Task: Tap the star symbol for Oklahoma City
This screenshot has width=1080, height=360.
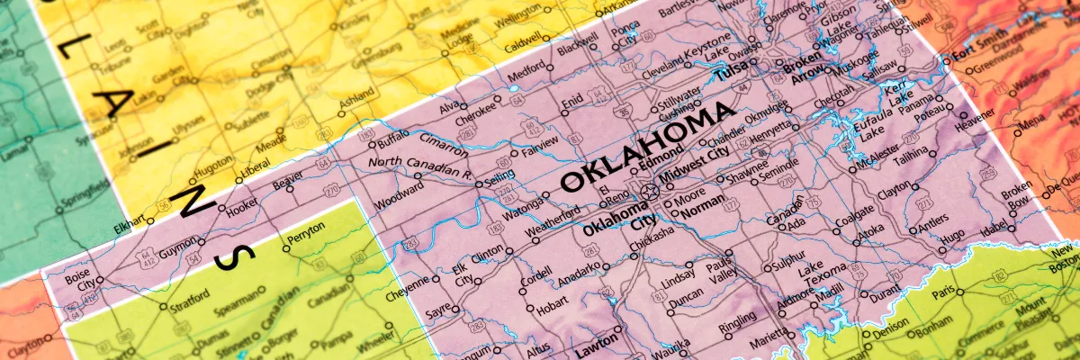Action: [x=650, y=192]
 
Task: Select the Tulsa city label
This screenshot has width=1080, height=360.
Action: [x=733, y=73]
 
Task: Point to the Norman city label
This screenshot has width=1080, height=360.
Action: [x=702, y=212]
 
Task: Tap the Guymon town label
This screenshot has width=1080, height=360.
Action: [x=178, y=243]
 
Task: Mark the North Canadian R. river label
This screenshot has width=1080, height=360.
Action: [x=419, y=166]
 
